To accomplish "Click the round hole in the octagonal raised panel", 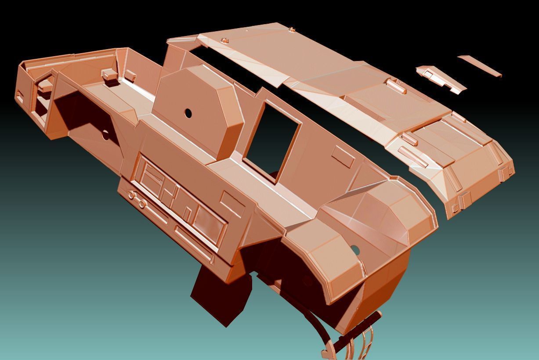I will coord(188,113).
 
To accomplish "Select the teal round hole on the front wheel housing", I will coord(355,250).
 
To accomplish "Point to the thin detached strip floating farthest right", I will coord(479,66).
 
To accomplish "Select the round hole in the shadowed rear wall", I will coord(105,134).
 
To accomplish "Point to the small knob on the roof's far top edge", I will coord(292,29).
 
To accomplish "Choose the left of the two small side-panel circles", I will coord(131,195).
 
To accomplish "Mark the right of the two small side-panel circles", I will coord(141,204).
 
